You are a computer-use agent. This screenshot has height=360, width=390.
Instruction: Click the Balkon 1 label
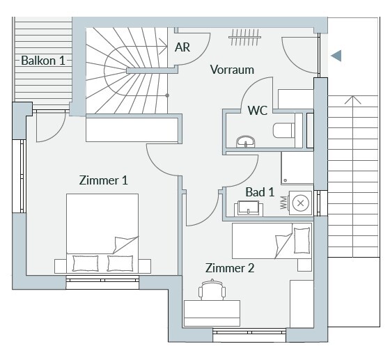tap(43, 61)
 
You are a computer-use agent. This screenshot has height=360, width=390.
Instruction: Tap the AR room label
tap(182, 47)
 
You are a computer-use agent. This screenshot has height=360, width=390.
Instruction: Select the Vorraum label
tap(232, 70)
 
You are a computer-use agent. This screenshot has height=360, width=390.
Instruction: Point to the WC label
tap(258, 111)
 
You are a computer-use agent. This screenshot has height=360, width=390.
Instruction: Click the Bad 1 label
tap(260, 192)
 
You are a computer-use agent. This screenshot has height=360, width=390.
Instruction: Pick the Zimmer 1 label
tap(104, 180)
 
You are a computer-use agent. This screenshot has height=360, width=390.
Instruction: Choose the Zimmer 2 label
tap(230, 268)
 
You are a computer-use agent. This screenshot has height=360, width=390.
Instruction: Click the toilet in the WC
tap(284, 130)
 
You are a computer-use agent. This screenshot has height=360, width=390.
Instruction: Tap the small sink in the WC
tap(245, 142)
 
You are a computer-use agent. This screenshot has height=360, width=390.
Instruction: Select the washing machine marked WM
tap(300, 203)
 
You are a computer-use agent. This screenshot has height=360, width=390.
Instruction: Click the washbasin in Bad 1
tap(249, 208)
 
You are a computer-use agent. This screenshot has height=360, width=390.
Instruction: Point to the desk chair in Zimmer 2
tap(212, 290)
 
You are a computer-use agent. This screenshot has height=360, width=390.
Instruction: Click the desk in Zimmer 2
tap(212, 313)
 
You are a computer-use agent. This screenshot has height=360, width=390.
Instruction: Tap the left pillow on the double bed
tap(85, 263)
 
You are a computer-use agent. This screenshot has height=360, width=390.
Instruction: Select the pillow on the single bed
tap(302, 240)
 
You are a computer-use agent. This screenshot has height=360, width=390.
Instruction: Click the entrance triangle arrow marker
tap(336, 56)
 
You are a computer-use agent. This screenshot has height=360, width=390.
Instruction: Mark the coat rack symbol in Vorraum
tap(245, 38)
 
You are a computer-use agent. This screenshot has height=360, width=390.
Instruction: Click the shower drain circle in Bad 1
tap(286, 180)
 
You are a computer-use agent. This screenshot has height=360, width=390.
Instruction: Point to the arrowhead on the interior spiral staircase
tap(163, 46)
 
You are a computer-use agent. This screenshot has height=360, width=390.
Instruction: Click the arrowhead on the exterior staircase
tap(352, 100)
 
